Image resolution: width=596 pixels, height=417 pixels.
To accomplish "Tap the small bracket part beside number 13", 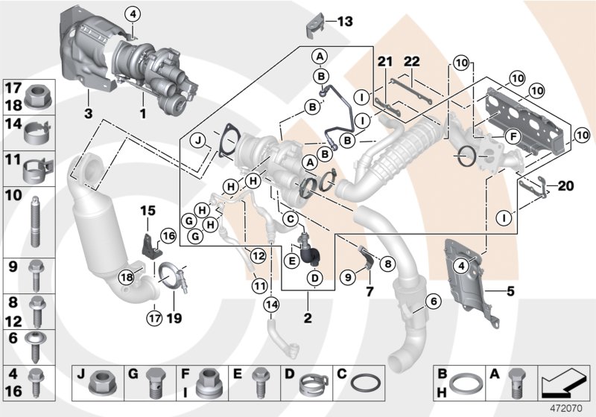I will [314, 23].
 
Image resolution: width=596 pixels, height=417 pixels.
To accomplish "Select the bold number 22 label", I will [412, 61].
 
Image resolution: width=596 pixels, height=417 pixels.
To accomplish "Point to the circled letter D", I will [314, 278].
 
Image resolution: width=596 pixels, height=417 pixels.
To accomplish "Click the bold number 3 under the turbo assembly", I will [88, 115].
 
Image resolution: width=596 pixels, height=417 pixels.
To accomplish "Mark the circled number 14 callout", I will [270, 304].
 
